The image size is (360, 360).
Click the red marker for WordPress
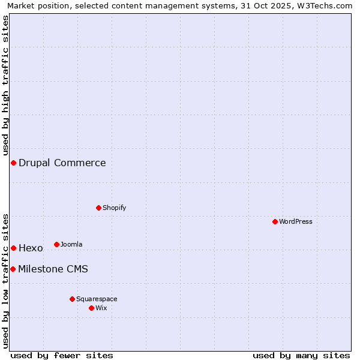[x=275, y=221]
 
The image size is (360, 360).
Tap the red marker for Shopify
[x=98, y=208]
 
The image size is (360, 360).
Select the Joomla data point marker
[x=56, y=244]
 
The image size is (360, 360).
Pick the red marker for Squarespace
[x=72, y=299]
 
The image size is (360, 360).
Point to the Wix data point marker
[x=91, y=308]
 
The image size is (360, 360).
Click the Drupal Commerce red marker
[x=13, y=163]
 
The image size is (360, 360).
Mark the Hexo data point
[x=13, y=248]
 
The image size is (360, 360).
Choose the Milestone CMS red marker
[x=13, y=269]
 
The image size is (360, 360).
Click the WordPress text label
[x=296, y=221]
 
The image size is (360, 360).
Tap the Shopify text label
[x=115, y=208]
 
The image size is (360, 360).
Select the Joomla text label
[x=71, y=244]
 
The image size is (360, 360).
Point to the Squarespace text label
[x=97, y=299]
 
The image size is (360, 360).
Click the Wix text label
[x=101, y=308]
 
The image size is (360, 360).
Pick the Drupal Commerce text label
[x=62, y=163]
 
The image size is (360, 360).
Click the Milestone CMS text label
[x=53, y=269]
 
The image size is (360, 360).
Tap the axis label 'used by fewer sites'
[x=62, y=355]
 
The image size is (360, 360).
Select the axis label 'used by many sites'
[x=301, y=355]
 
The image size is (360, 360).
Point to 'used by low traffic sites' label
[x=5, y=280]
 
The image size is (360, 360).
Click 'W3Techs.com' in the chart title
[x=325, y=5]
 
